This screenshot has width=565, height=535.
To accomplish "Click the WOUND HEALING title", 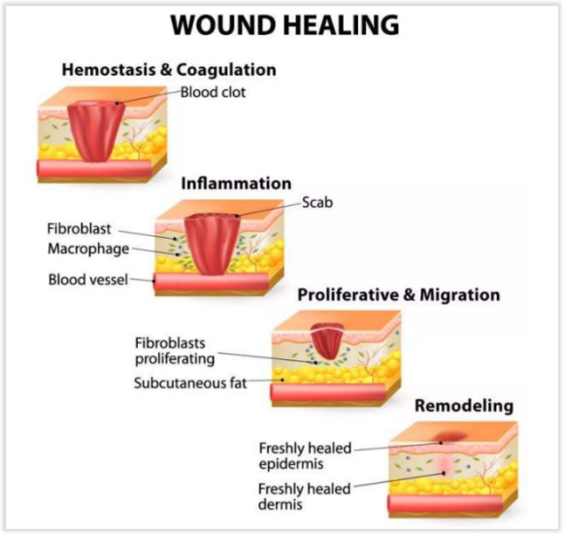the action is coord(284,24).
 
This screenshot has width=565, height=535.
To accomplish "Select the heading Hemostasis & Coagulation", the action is coord(169,70).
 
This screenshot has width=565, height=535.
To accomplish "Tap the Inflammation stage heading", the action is coord(236,184).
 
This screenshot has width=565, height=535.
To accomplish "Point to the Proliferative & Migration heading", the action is coord(399,295).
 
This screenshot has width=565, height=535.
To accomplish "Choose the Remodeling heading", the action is coord(464,406).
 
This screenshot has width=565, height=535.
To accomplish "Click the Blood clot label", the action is coord(213,92).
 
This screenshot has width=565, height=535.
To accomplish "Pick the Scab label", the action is coord(317,202).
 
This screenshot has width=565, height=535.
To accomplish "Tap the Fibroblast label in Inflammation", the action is coord(79,228).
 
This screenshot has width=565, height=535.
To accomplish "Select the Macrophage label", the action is coord(88,249).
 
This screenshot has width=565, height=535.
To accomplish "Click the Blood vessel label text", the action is coord(88,280).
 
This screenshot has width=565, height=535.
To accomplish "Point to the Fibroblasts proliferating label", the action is coord(175,351).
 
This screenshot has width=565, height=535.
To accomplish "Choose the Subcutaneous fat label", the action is coord(190,383).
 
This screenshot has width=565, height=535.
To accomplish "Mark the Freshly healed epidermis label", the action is coord(305,455).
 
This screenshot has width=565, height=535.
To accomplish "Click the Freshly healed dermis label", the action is coord(305,496).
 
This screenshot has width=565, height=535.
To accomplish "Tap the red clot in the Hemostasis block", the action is coord(96,130).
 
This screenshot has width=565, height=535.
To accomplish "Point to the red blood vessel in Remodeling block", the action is coord(446,505).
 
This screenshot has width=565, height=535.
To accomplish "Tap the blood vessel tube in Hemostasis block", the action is coord(94,170).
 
